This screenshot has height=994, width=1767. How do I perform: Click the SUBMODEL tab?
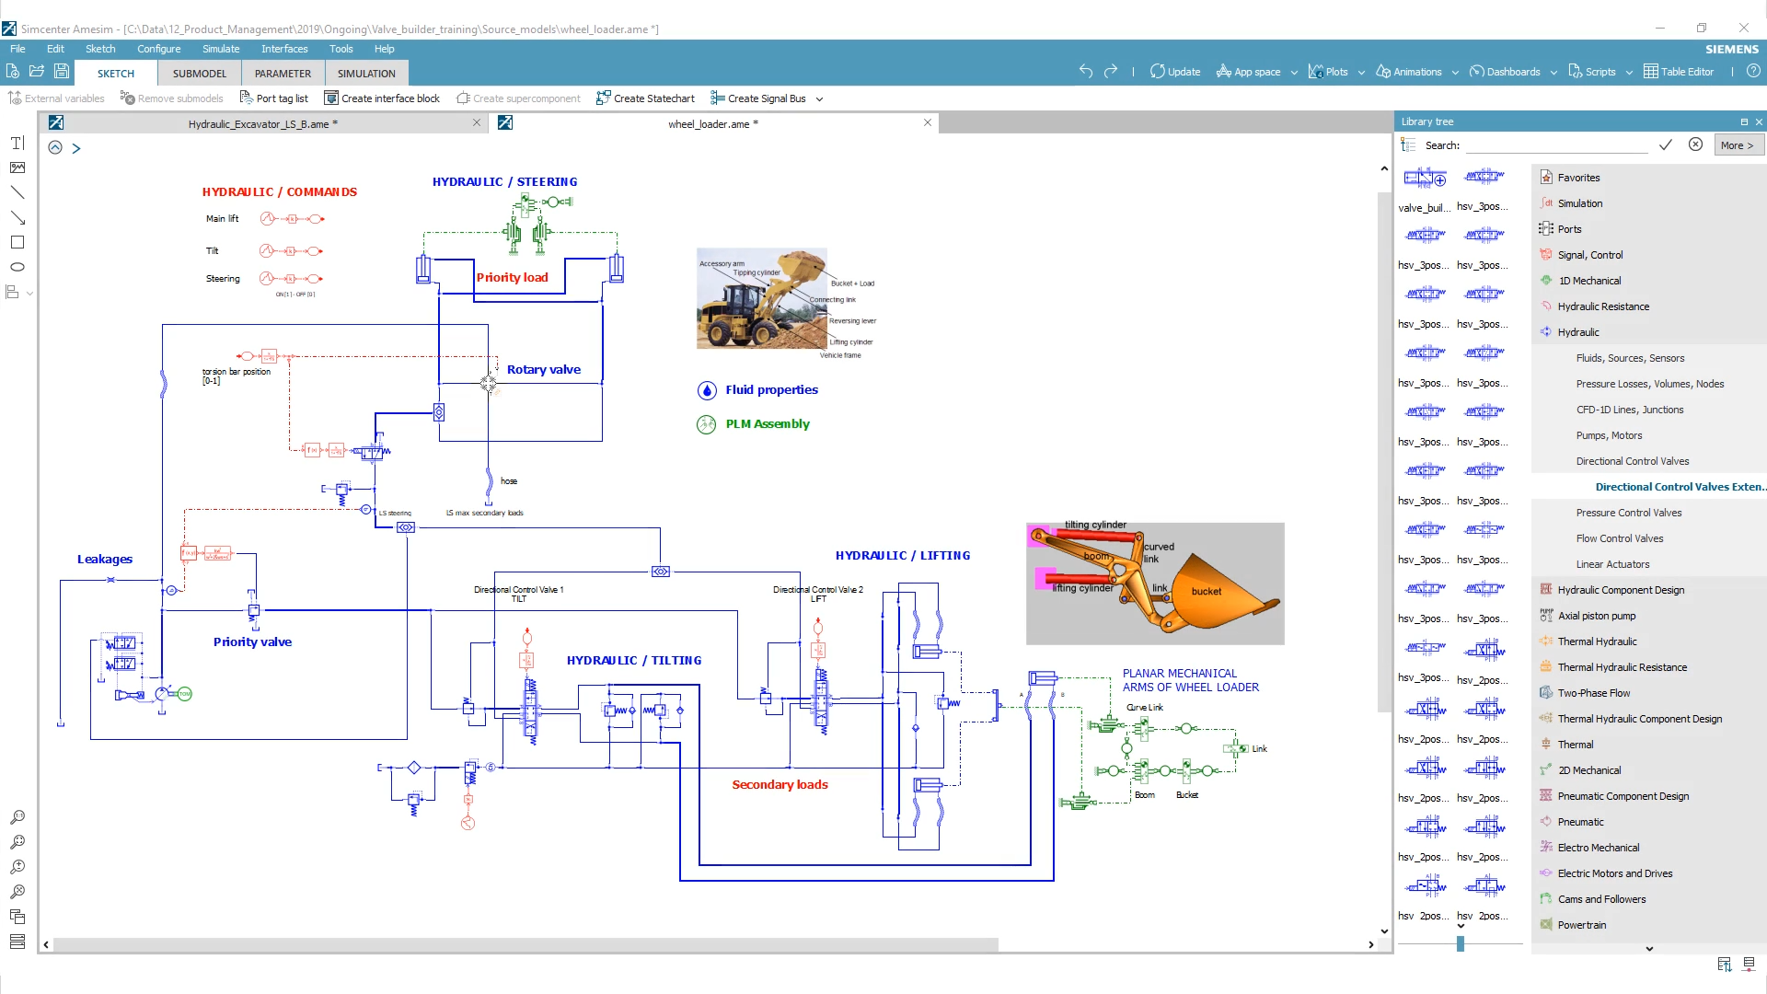[x=199, y=74]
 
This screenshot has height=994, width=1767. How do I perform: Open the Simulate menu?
[x=220, y=49]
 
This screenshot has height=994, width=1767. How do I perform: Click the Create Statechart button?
[x=645, y=98]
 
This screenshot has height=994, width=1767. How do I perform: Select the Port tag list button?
[x=273, y=98]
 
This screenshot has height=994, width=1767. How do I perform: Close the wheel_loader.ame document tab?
[x=928, y=122]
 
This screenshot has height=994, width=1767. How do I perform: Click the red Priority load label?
[x=512, y=277]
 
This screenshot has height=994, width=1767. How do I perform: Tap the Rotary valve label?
[x=543, y=369]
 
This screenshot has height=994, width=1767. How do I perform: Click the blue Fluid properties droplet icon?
[x=707, y=390]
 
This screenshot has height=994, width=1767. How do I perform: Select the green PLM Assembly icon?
[x=707, y=424]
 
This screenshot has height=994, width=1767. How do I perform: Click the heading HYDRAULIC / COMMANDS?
[x=279, y=191]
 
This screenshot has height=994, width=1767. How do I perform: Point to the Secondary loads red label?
[x=780, y=784]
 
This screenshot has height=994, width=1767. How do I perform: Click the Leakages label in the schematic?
[x=104, y=559]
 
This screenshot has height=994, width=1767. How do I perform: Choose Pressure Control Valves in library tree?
[x=1628, y=513]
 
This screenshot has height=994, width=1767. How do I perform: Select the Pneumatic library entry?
[x=1580, y=822]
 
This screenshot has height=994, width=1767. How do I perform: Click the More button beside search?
[x=1737, y=145]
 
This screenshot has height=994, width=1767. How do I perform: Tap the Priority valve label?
[x=252, y=641]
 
